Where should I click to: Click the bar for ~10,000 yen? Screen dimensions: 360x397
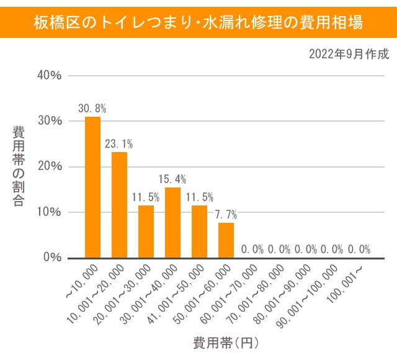click(x=92, y=187)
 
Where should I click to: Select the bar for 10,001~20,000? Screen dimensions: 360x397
click(x=119, y=204)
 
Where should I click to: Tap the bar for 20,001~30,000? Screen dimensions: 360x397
click(x=146, y=231)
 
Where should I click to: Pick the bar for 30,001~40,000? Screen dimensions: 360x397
click(x=172, y=222)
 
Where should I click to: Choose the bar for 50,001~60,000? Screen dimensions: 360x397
click(x=226, y=240)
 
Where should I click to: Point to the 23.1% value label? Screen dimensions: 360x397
click(x=119, y=144)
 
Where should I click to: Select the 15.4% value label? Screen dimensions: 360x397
click(x=172, y=179)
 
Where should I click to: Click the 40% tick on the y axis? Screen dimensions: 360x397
click(x=49, y=75)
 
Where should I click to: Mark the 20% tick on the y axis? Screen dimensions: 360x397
click(x=49, y=166)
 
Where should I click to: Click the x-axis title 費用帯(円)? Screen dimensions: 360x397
click(x=226, y=342)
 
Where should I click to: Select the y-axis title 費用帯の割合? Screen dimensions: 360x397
click(x=19, y=166)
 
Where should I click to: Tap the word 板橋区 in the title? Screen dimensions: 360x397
click(x=51, y=22)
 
